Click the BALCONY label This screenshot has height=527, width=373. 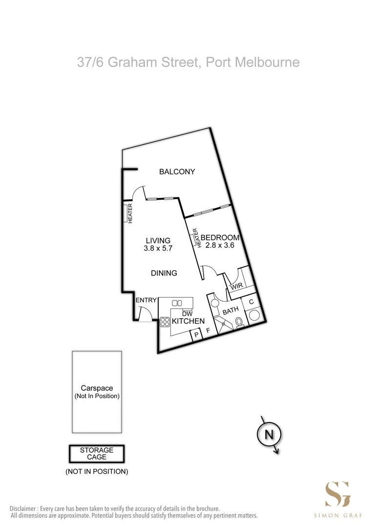pos(177,172)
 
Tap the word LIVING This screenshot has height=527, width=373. pos(158,240)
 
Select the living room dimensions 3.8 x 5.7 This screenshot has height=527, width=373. pos(158,248)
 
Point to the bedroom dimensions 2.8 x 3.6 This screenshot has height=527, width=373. pos(220,245)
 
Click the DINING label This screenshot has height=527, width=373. pos(164,273)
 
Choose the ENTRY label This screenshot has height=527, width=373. pos(145,301)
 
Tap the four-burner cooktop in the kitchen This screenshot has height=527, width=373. pos(164,322)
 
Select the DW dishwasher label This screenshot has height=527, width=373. pos(187,313)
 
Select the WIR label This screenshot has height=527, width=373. pos(236,286)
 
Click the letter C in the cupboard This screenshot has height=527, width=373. pos(251,302)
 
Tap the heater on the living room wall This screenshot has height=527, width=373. pos(130,213)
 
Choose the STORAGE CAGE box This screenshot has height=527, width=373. pos(96,453)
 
